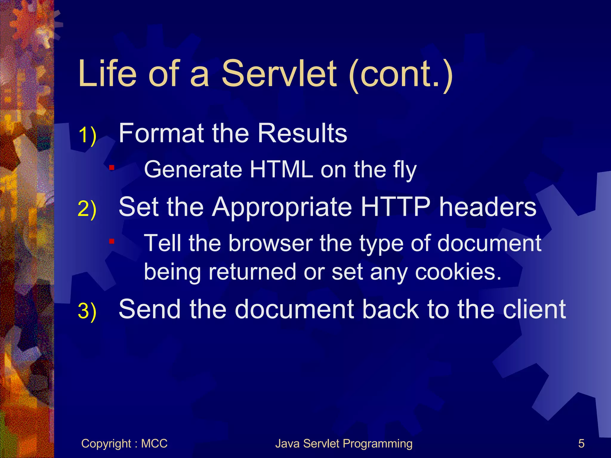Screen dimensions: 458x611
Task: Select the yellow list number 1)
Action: click(87, 135)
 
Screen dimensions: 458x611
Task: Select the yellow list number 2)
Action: click(87, 209)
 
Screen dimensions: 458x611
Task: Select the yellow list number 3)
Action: click(87, 311)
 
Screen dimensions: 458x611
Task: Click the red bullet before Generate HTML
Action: click(112, 168)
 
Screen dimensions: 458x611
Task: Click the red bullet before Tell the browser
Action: click(112, 241)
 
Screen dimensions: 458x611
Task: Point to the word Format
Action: click(161, 133)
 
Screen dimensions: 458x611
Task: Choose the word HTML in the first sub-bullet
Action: click(281, 170)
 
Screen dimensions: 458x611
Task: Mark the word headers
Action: click(488, 207)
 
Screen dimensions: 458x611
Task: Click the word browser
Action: click(270, 243)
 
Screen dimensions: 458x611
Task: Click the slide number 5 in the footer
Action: click(581, 444)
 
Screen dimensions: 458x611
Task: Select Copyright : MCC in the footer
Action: click(124, 444)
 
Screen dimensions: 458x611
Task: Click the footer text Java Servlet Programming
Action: click(344, 444)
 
